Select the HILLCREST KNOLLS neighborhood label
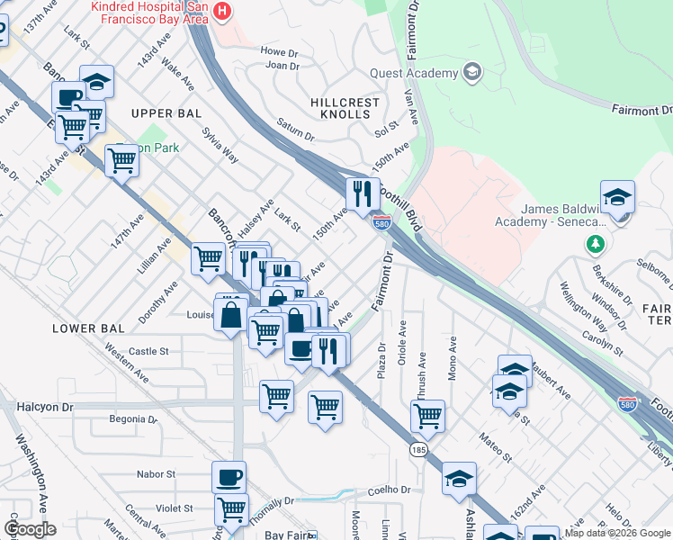click(345, 109)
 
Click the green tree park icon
click(595, 244)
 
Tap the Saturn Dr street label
click(295, 130)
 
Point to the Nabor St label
click(157, 473)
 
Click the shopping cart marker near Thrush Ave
click(427, 415)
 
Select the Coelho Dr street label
click(389, 490)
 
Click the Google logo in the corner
click(30, 529)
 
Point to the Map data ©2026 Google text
click(616, 534)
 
